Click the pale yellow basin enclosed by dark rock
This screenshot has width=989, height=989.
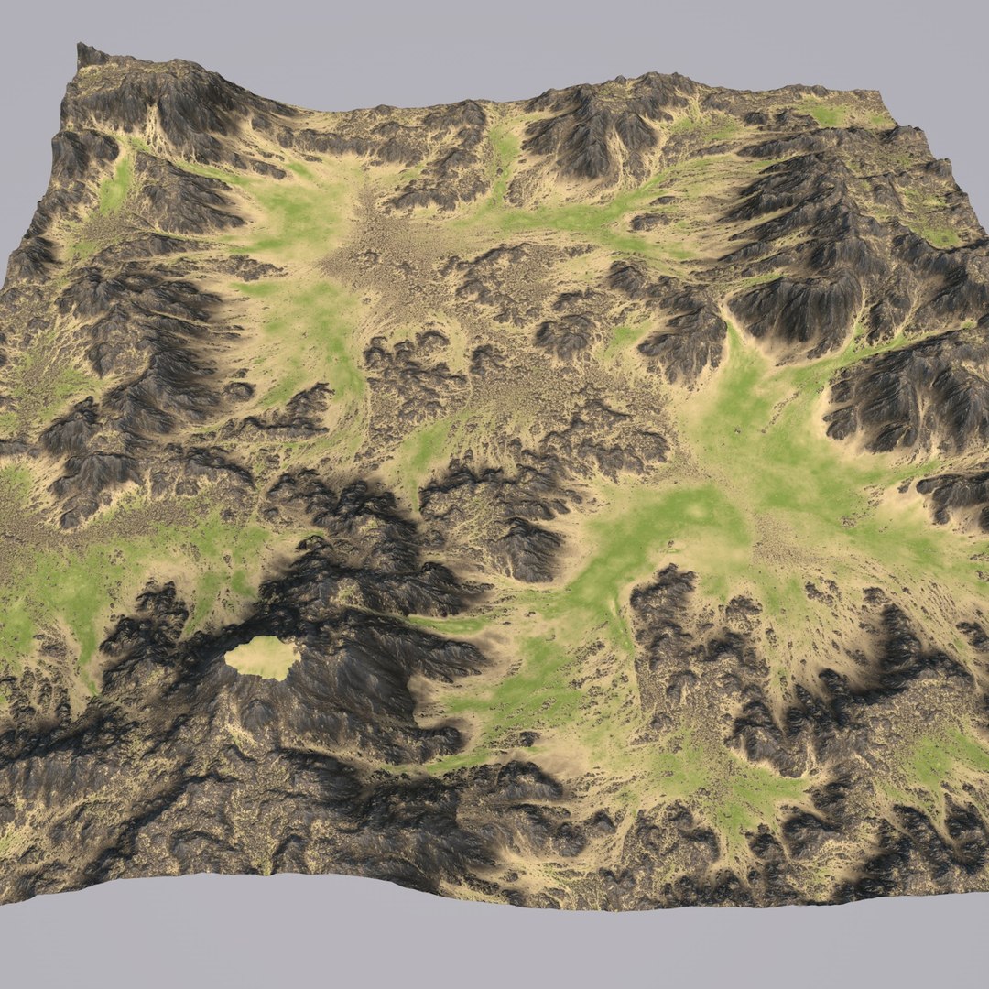(x=262, y=658)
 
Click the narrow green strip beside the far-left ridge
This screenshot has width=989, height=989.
(x=115, y=188)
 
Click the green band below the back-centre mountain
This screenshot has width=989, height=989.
(x=577, y=215)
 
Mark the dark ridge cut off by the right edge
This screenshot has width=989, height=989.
(x=916, y=394)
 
